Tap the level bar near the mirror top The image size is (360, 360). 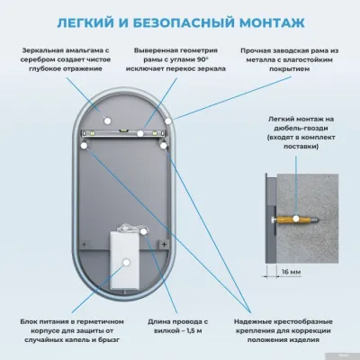[126, 132]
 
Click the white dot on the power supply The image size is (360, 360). [124, 261]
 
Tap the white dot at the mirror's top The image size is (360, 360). [105, 116]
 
